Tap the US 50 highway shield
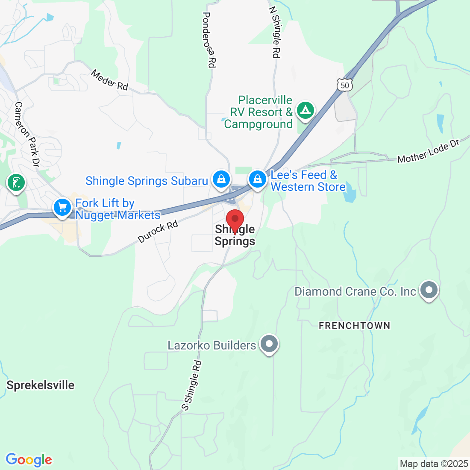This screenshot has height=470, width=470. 345,85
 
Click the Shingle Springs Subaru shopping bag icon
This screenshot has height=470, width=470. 221,179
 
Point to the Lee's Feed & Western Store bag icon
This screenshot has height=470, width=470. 258,179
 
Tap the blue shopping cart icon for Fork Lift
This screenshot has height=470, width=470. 62,208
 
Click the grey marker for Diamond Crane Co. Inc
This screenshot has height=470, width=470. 429,291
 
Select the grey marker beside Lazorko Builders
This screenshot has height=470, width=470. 269,344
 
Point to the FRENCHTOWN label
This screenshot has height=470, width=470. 355,326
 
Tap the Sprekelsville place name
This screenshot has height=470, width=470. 41,385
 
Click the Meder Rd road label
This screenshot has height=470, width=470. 110,80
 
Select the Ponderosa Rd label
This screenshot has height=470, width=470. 209,39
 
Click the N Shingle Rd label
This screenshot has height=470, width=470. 275,32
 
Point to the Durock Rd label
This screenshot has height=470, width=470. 158,232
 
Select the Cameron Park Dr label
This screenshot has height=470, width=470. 27,134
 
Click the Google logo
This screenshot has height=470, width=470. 29,460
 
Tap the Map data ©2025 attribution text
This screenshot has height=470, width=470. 434,464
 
